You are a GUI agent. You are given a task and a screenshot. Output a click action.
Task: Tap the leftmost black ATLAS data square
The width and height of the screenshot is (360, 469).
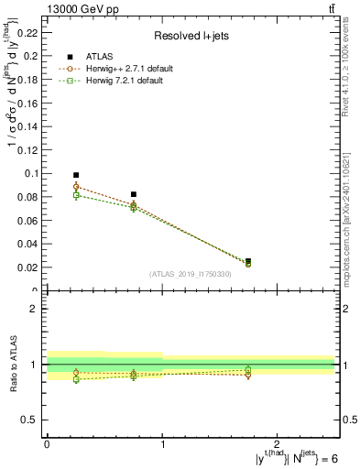tap(76, 175)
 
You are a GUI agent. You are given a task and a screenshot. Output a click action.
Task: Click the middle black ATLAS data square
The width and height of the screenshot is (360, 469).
tap(134, 194)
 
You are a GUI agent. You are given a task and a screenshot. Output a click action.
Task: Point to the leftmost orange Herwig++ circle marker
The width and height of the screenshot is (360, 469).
tap(76, 187)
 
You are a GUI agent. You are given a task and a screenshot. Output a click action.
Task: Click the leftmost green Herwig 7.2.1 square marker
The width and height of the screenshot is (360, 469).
tap(76, 195)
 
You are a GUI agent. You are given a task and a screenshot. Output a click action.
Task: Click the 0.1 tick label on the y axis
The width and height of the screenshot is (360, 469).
tap(33, 173)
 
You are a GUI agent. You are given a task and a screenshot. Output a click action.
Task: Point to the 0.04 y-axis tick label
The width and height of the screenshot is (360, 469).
tap(30, 244)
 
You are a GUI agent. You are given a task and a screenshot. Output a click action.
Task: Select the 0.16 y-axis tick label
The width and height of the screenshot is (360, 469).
tap(30, 103)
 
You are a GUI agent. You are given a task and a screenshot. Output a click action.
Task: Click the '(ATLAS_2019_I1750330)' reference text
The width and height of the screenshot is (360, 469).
tap(191, 274)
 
